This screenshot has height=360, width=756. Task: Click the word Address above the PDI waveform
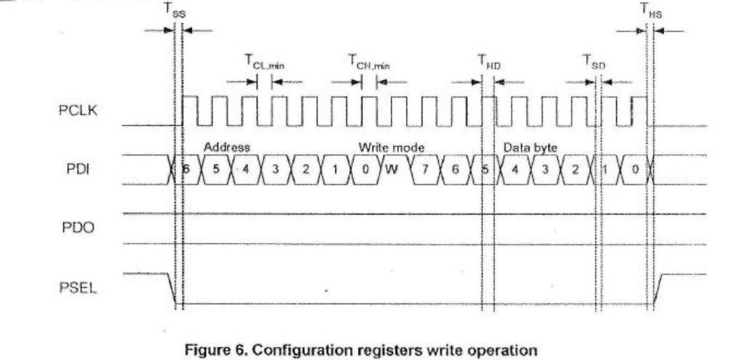[227, 147]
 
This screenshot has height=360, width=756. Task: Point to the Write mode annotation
[391, 147]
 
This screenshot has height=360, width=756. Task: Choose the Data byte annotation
[530, 147]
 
